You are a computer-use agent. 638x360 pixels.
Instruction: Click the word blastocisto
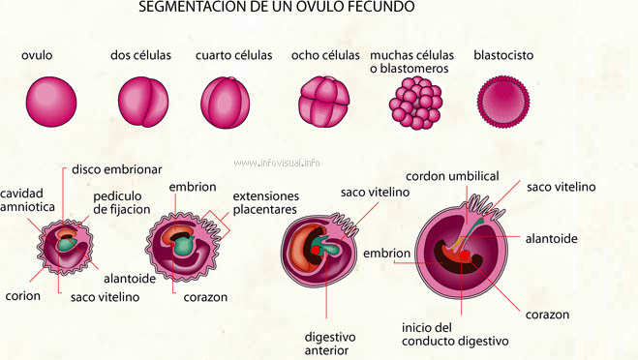click(502, 55)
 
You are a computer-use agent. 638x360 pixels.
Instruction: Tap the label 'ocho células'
click(324, 55)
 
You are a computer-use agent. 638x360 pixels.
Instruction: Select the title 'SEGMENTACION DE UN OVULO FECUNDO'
click(277, 7)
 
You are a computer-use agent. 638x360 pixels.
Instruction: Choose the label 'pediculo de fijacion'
click(122, 202)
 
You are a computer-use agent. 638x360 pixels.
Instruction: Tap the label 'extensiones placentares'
click(265, 202)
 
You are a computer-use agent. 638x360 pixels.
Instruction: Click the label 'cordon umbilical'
click(452, 176)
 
